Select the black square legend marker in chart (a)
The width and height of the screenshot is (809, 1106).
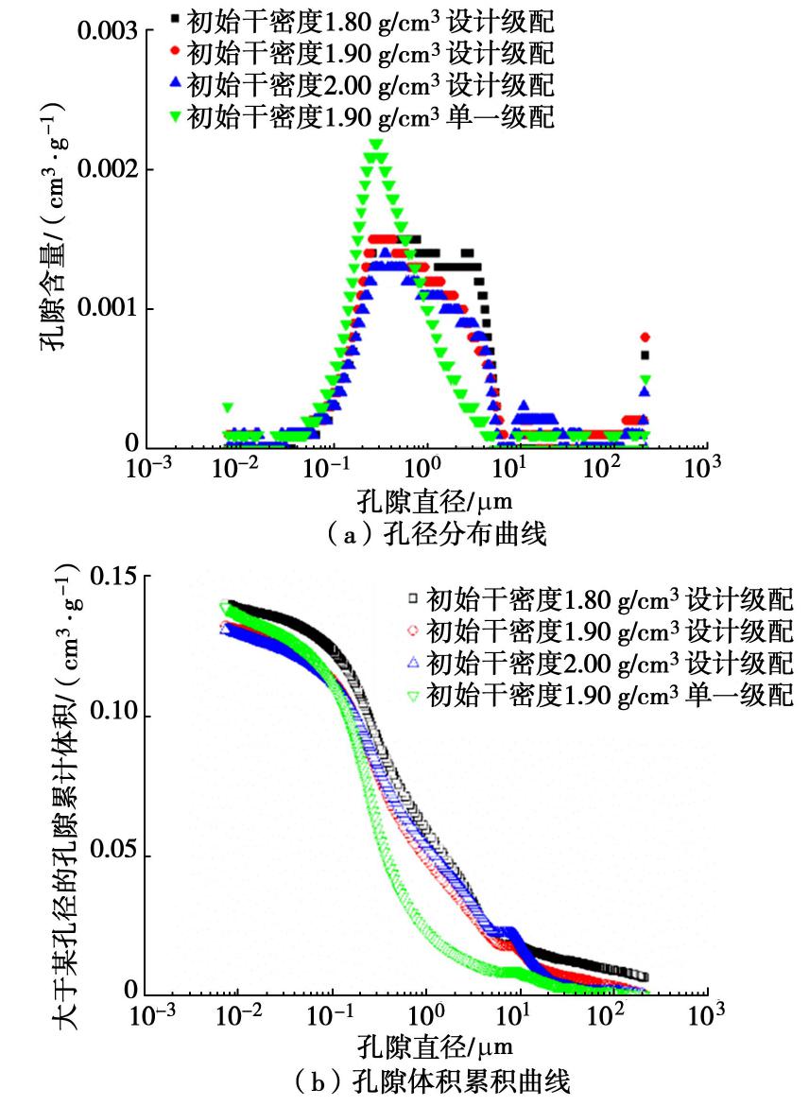175,19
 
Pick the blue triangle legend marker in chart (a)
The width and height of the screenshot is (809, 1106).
175,85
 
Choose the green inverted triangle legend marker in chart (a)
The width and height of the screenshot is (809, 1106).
175,118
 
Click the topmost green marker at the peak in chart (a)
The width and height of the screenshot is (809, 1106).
375,145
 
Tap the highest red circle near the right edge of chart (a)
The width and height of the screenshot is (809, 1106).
645,337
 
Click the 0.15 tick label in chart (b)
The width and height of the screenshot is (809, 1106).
112,576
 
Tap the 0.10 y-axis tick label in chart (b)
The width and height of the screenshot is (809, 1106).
112,715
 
